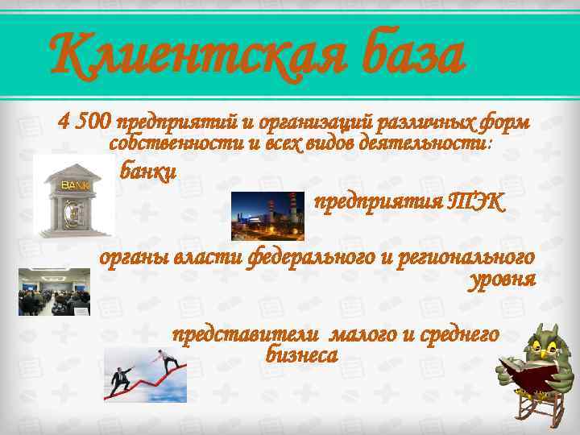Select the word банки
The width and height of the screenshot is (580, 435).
(147, 172)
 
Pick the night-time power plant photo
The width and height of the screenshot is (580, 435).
(268, 216)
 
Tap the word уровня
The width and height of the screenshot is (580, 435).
(501, 281)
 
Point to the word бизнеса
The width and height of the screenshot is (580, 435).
(301, 354)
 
